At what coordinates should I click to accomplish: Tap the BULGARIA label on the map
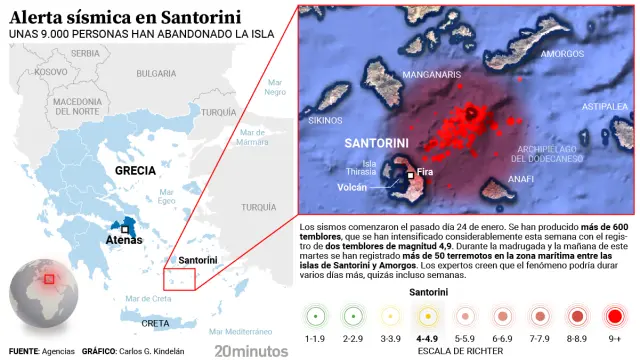tap(156, 73)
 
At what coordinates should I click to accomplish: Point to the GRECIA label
tap(135, 170)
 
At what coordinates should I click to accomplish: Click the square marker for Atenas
tap(124, 229)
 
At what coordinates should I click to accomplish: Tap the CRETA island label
tap(155, 323)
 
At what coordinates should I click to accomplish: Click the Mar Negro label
tap(275, 91)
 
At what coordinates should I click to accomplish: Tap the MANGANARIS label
tap(431, 75)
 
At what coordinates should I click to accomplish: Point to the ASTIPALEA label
tap(605, 105)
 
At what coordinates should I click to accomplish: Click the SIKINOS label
tap(325, 120)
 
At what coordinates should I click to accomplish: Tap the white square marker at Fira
tap(410, 175)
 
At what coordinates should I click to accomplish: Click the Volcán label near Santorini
tap(352, 186)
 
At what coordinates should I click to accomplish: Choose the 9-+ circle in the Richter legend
tap(614, 316)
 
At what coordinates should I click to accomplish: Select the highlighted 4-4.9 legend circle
tap(428, 316)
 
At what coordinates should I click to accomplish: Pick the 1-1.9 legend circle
tap(316, 316)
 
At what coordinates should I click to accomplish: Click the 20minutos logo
tap(251, 350)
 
